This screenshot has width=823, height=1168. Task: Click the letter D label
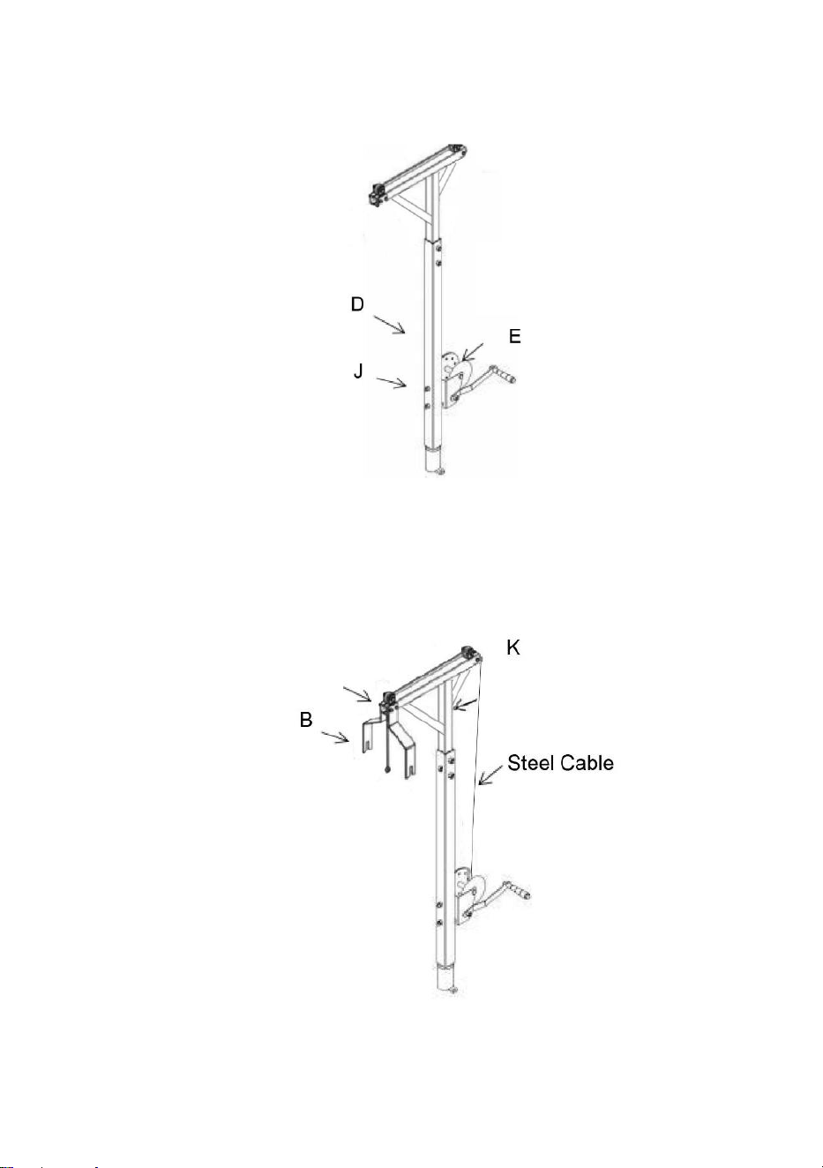[x=357, y=304]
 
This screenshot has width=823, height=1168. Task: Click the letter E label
[x=515, y=336]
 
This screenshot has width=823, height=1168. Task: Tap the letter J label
[x=358, y=371]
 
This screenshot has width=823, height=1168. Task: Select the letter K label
[x=513, y=648]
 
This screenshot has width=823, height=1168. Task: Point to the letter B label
[x=306, y=720]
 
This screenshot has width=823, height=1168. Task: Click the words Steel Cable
[x=561, y=763]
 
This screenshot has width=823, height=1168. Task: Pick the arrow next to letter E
[x=473, y=352]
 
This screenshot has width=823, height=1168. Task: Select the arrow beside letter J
[x=392, y=383]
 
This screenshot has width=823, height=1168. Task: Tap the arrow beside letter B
[x=335, y=737]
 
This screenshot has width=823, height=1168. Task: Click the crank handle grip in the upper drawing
[x=504, y=374]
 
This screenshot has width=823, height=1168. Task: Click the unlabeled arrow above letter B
[x=357, y=694]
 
